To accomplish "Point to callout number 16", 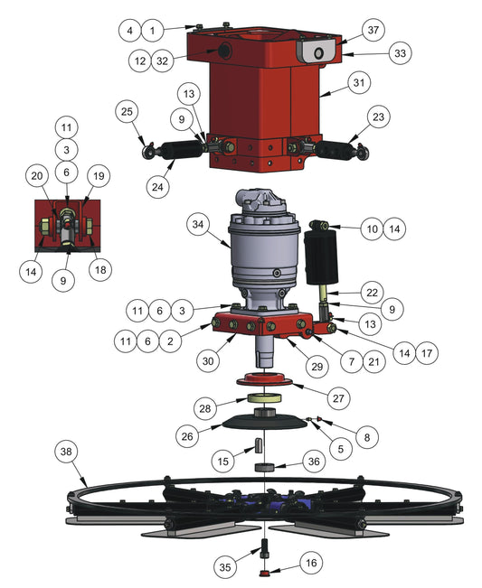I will [x=311, y=564].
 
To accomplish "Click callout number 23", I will [x=379, y=117].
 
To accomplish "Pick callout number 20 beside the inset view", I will [x=37, y=176].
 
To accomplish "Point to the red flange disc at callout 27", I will [x=265, y=380].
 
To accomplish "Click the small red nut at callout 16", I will [x=266, y=574].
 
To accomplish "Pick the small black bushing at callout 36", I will [x=265, y=468].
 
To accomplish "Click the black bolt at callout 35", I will [x=266, y=548].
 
